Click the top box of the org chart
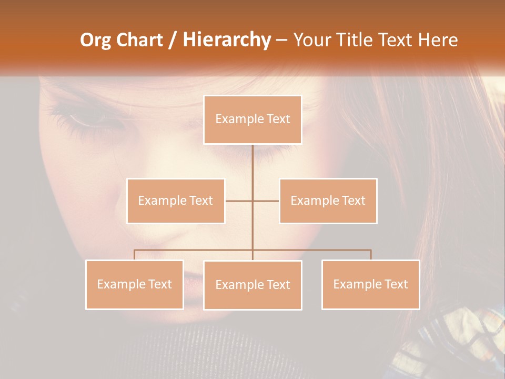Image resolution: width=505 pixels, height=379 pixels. point(252,119)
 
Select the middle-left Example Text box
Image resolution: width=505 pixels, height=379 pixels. point(176,201)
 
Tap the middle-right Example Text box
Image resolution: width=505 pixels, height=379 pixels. point(328,201)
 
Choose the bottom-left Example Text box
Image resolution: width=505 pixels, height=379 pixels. point(134,284)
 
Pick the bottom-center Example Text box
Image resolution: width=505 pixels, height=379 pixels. point(252,285)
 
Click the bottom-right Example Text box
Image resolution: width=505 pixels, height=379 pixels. point(370,284)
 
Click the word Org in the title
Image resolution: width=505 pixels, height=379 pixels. point(96,40)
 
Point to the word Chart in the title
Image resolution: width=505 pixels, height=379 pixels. point(139,40)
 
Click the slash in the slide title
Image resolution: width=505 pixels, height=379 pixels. point(173,40)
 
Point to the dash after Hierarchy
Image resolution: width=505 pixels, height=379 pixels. point(281,40)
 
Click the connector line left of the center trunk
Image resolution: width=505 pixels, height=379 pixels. point(239,201)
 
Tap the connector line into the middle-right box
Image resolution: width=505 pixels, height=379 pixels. point(266,201)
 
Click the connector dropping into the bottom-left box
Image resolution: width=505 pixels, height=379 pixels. point(134,255)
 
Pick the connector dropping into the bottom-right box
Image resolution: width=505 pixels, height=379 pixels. point(370,255)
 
